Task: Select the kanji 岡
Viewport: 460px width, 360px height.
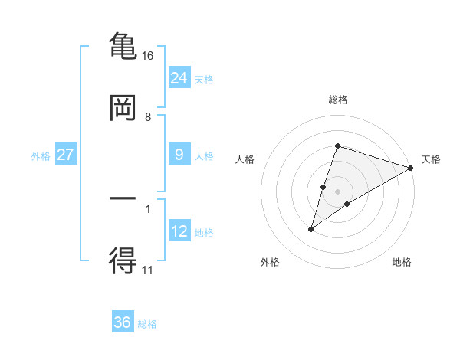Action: tap(123, 108)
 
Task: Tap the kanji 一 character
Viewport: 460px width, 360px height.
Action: tap(123, 198)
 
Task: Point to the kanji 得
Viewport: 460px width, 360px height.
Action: tap(123, 261)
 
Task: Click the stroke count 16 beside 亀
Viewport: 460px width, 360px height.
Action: tap(148, 55)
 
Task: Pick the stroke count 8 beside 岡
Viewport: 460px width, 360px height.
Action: tap(148, 117)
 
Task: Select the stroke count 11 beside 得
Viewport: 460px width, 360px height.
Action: tap(148, 270)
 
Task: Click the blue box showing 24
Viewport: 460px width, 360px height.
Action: tap(179, 77)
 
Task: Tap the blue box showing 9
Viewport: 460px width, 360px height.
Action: tap(179, 155)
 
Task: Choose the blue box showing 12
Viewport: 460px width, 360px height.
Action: tap(179, 231)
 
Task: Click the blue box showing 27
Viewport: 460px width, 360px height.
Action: tap(66, 155)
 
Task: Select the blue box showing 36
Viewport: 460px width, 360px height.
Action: tap(123, 322)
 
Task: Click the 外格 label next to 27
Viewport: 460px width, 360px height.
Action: tap(41, 155)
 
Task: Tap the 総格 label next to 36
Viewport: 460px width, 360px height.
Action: tap(148, 324)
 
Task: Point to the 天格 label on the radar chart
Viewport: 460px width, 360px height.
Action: tap(432, 159)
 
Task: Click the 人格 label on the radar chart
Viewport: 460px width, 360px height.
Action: tap(245, 159)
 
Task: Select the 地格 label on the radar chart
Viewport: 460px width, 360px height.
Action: tap(402, 263)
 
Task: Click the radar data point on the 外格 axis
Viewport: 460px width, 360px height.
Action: tap(311, 228)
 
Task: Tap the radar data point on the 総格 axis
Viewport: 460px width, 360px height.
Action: tap(337, 146)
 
